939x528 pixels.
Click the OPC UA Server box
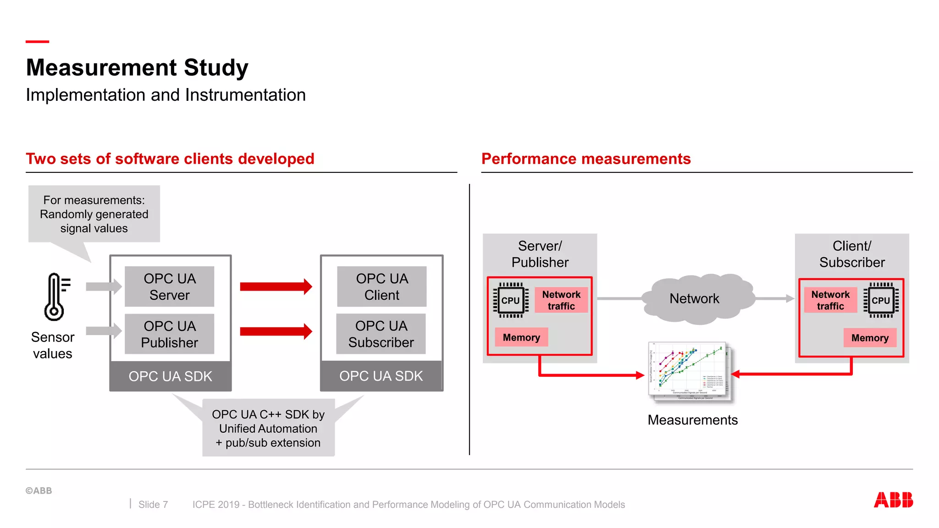(169, 286)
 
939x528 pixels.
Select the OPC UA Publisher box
(169, 334)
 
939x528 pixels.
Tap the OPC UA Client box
(381, 286)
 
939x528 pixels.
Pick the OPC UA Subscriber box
(381, 334)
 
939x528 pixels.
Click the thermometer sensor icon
(55, 297)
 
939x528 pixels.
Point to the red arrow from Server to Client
(276, 286)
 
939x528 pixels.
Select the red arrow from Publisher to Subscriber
(276, 331)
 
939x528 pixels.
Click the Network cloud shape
(694, 299)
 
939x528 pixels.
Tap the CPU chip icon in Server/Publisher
(510, 300)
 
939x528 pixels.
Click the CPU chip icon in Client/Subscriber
(880, 300)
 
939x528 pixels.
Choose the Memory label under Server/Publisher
(521, 337)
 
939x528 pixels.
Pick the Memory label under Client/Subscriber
(870, 338)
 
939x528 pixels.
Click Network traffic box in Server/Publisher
(561, 300)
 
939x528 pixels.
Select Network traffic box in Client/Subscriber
(830, 300)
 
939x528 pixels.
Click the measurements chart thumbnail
(690, 371)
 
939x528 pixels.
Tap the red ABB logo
(893, 500)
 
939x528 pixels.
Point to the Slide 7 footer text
(153, 505)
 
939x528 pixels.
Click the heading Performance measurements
(585, 159)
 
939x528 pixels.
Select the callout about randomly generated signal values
(94, 214)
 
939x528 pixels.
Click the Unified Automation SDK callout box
(268, 428)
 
